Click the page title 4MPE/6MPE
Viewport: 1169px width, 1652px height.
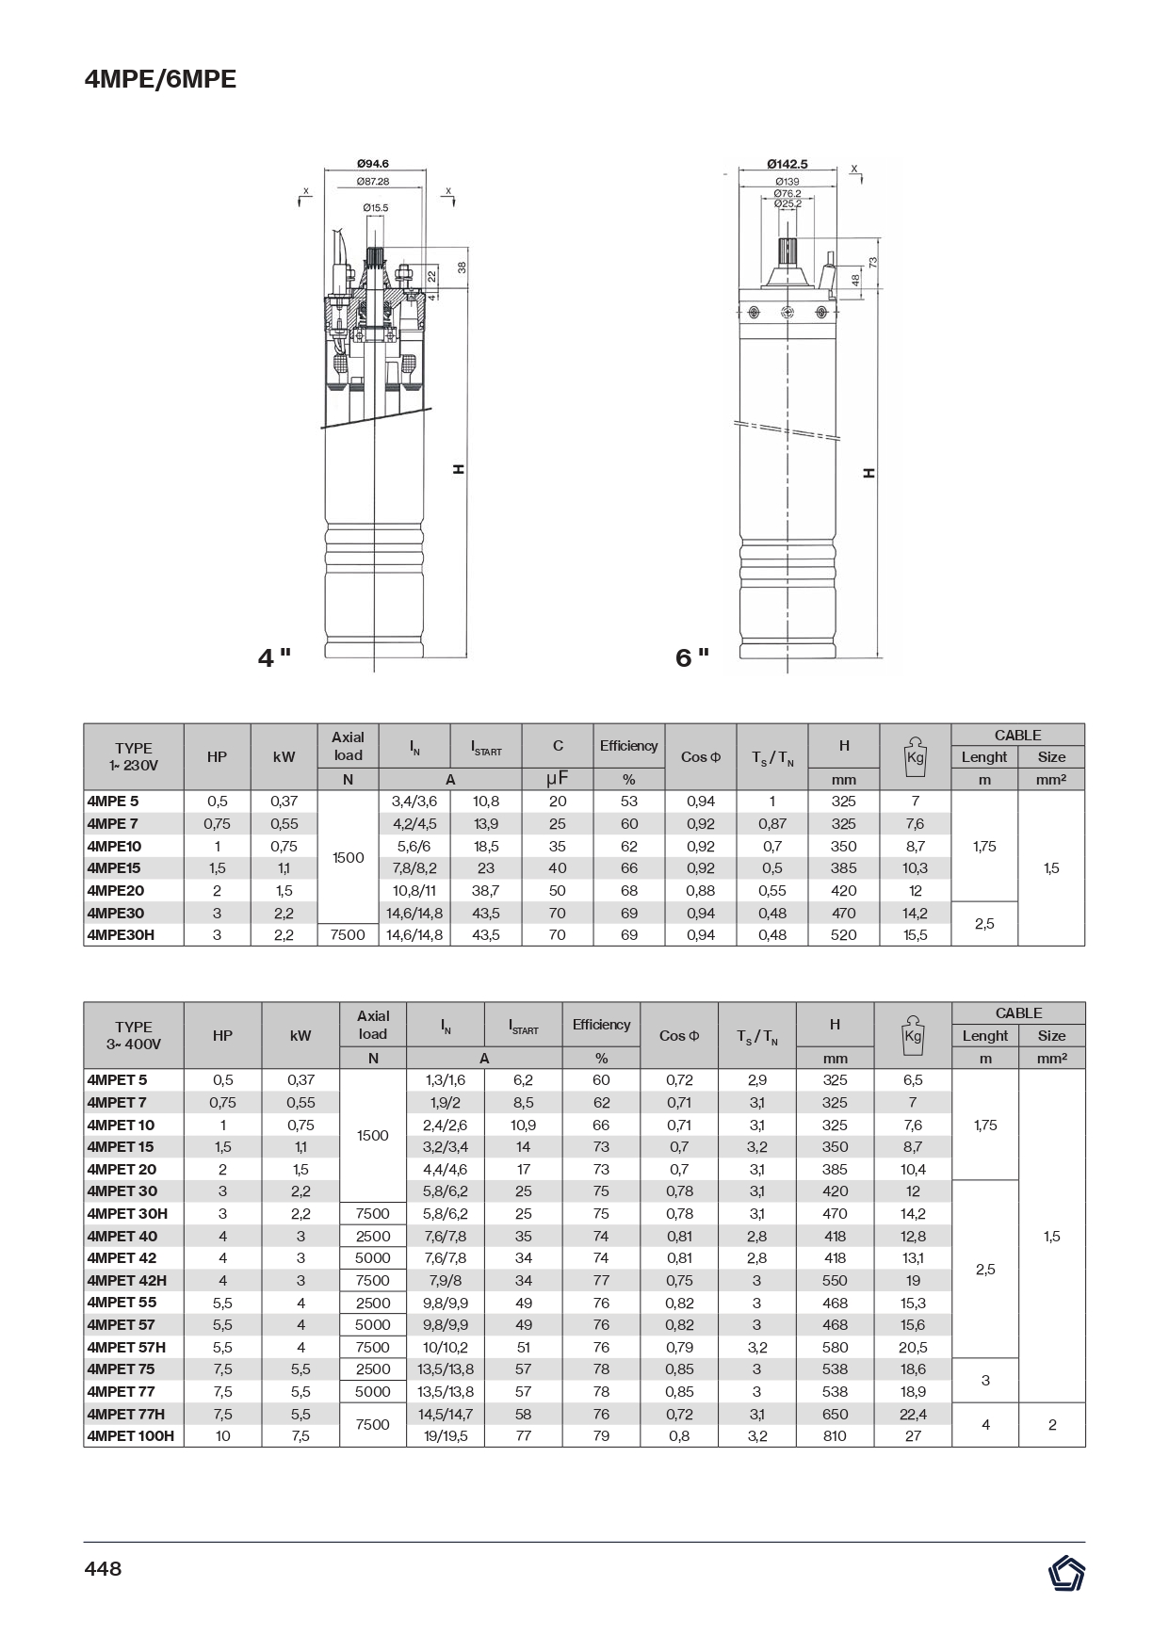tap(160, 80)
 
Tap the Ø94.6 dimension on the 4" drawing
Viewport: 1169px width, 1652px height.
tap(373, 164)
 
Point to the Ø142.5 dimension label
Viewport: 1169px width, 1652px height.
tap(787, 164)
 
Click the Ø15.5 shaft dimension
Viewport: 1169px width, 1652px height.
tap(375, 207)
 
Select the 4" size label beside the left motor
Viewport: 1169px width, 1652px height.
tap(274, 657)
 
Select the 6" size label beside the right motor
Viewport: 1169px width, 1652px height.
tap(692, 657)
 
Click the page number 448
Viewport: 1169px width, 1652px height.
tap(103, 1568)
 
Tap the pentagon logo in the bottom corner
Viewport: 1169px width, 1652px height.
tap(1065, 1574)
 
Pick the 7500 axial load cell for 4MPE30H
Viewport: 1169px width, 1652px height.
tap(348, 935)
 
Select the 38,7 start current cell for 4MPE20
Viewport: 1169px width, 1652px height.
tap(486, 890)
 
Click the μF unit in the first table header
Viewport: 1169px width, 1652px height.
tap(557, 779)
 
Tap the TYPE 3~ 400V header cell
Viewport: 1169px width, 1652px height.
tap(134, 1035)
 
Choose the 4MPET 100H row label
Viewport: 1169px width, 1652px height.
tap(131, 1436)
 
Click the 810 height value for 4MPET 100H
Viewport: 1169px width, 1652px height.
tap(835, 1436)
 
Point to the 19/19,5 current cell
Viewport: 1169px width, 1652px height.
tap(446, 1436)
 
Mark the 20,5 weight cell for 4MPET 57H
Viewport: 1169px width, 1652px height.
tap(913, 1347)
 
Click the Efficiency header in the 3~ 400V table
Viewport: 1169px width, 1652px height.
tap(601, 1025)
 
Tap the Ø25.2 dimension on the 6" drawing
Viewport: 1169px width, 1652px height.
tap(787, 202)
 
